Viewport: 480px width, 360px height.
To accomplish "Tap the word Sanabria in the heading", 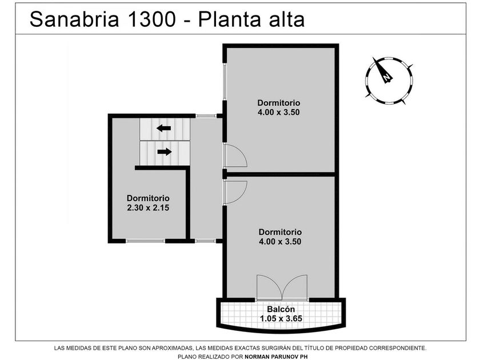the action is (x=74, y=19).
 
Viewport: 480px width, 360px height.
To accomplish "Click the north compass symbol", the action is (x=389, y=81).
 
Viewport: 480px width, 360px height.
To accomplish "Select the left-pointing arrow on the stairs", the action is (x=164, y=128).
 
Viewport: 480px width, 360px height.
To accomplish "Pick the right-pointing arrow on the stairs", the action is (x=165, y=151).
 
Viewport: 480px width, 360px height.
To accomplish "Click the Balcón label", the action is (x=281, y=309).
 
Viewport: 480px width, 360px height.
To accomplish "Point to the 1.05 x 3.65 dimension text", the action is (x=281, y=319).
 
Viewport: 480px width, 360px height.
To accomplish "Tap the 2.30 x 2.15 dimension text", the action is (x=148, y=208).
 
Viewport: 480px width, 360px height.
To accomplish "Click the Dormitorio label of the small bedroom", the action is (x=148, y=198).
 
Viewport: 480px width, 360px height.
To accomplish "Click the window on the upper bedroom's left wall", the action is (x=225, y=81).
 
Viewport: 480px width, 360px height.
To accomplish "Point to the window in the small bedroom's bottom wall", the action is (x=145, y=241).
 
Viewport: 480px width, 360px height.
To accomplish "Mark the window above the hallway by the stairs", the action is (x=206, y=115).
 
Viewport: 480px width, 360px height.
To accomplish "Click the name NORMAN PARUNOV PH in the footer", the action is (x=276, y=357).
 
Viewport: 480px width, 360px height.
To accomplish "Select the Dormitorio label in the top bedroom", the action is (x=279, y=103).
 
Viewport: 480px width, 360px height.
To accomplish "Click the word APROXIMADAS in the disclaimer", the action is (x=173, y=348).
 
